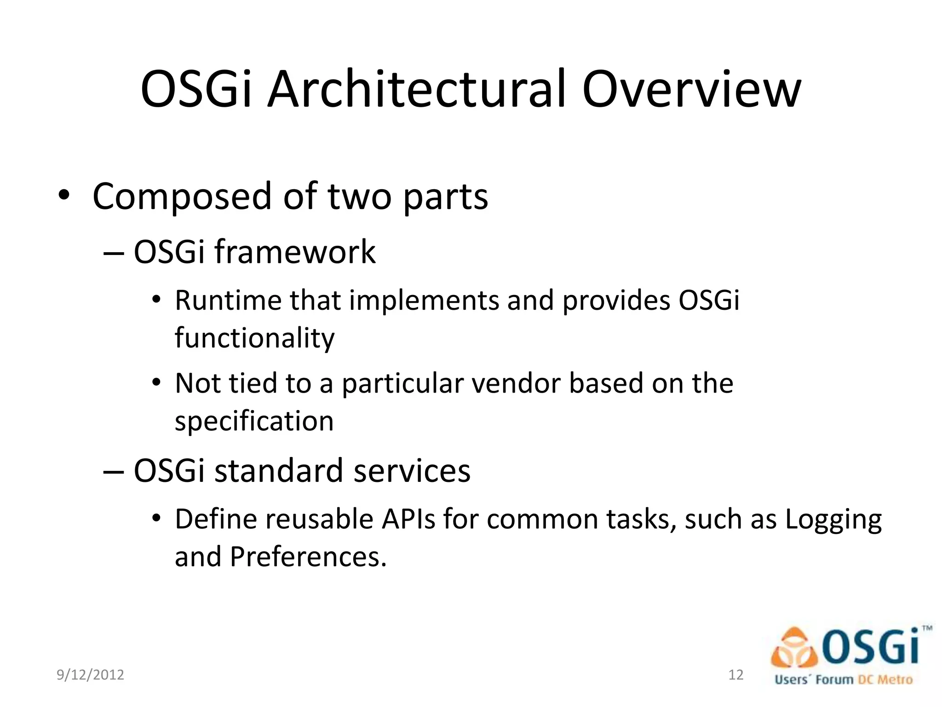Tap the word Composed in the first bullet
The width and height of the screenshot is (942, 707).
[x=182, y=197]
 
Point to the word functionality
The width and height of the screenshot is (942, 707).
[x=254, y=338]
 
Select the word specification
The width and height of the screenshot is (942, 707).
[x=254, y=421]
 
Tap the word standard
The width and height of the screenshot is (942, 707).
[x=279, y=471]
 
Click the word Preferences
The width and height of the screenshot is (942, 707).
[x=308, y=557]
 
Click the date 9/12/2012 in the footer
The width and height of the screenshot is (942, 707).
[x=90, y=675]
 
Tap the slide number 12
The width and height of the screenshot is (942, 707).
[x=736, y=675]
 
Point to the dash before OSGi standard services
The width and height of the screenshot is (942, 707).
[x=113, y=472]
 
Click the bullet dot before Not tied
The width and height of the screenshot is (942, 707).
[x=156, y=382]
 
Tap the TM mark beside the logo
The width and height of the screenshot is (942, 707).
[x=927, y=628]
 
